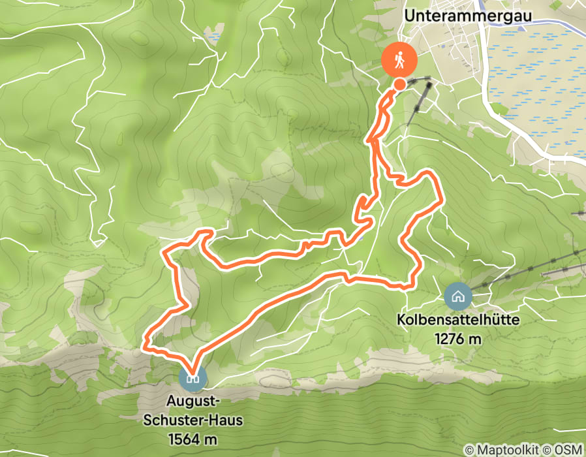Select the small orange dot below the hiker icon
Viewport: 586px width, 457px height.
coord(399,84)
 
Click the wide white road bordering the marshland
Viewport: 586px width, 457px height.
coord(516,127)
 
